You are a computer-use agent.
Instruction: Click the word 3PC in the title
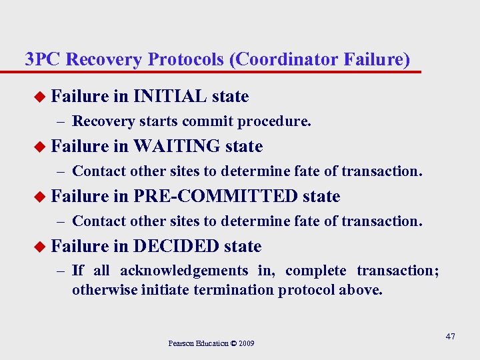pyautogui.click(x=43, y=59)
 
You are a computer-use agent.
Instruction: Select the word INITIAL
pyautogui.click(x=169, y=97)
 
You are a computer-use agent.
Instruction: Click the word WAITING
pyautogui.click(x=177, y=146)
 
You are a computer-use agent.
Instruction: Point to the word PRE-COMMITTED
pyautogui.click(x=215, y=196)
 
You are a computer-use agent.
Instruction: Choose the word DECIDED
pyautogui.click(x=176, y=246)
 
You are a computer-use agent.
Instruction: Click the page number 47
pyautogui.click(x=450, y=336)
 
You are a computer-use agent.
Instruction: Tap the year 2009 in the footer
pyautogui.click(x=245, y=343)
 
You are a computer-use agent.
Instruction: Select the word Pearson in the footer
pyautogui.click(x=181, y=343)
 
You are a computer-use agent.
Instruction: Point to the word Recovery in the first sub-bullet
pyautogui.click(x=101, y=121)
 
